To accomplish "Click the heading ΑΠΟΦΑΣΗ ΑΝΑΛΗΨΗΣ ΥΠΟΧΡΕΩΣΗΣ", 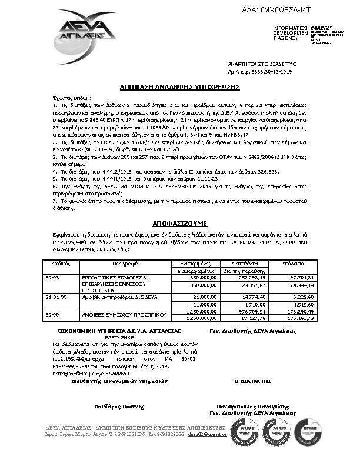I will pos(179,86).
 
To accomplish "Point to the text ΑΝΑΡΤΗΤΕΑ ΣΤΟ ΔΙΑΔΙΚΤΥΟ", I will pos(262,63).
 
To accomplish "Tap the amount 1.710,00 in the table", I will pos(258,305).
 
